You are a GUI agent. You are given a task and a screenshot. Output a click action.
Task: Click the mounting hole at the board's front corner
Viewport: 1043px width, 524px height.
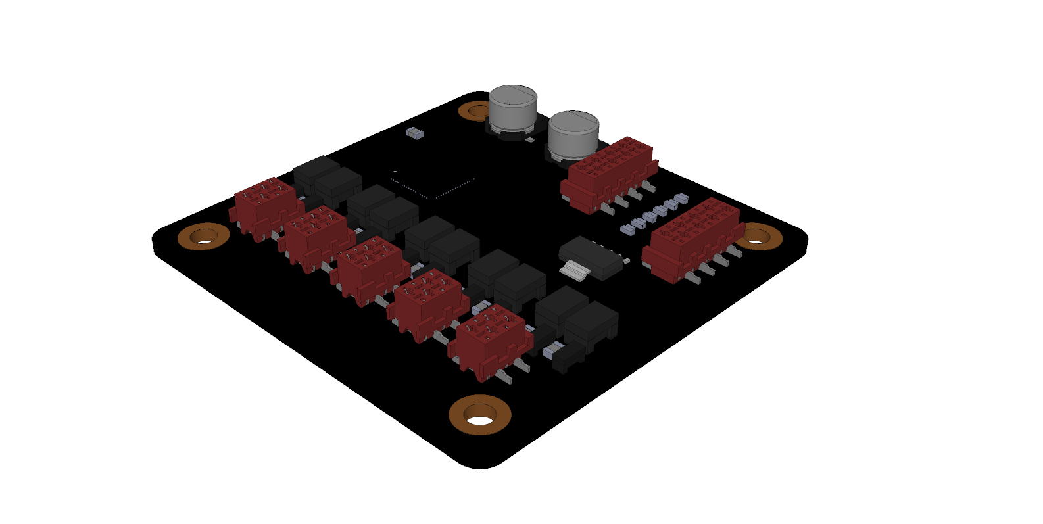480,416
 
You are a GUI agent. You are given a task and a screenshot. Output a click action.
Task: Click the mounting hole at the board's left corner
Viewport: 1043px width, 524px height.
204,237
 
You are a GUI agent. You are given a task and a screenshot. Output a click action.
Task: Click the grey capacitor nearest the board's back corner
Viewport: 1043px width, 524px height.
513,108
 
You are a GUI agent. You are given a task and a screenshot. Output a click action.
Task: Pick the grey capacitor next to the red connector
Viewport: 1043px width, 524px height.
572,135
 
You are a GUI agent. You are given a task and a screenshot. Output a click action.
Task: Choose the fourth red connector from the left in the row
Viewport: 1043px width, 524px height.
427,302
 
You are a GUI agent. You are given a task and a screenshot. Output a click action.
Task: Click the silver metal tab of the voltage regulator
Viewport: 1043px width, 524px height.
575,270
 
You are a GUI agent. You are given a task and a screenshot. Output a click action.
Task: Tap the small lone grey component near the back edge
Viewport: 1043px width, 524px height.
414,133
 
